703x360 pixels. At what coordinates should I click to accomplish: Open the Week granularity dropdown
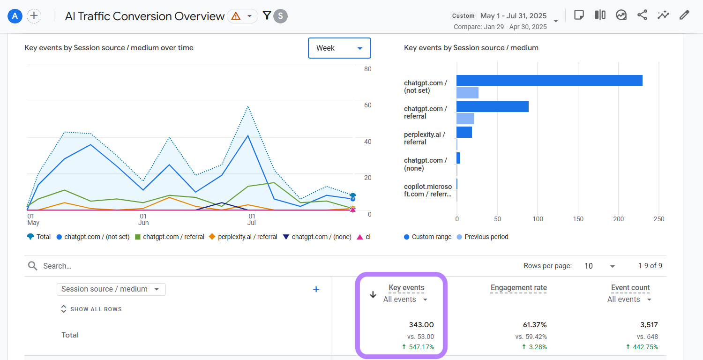(339, 48)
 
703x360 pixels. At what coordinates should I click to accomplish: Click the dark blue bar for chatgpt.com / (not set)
(549, 81)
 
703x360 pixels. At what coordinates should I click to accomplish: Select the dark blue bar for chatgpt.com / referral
(492, 106)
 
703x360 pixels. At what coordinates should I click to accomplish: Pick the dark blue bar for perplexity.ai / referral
(464, 132)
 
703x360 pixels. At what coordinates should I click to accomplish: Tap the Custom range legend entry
(427, 237)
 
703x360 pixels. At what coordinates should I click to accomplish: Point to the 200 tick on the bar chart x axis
(619, 219)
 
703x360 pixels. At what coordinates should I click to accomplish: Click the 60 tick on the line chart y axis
(368, 105)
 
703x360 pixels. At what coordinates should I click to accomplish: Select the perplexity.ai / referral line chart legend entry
(244, 237)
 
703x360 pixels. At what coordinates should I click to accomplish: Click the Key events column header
(406, 288)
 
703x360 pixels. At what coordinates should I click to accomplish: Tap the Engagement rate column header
(518, 288)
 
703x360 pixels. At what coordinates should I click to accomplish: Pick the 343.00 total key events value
(421, 324)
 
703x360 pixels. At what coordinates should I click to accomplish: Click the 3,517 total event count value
(649, 324)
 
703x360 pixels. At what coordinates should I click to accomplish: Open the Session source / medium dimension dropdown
(111, 289)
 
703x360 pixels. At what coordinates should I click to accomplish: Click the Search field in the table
(141, 266)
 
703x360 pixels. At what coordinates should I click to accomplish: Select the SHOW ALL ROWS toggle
(91, 309)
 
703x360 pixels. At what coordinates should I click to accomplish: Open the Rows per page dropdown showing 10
(599, 266)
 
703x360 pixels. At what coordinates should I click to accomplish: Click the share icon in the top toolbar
(642, 15)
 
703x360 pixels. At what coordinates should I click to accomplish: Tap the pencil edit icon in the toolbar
(684, 15)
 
